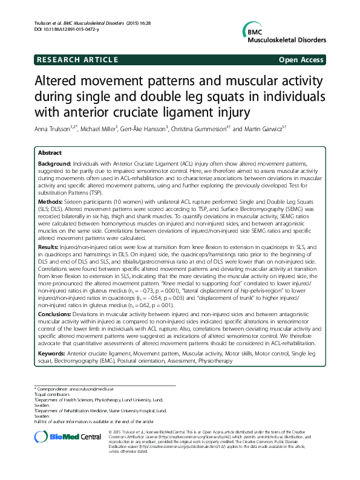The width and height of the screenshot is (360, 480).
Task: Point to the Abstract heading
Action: [x=50, y=154]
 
